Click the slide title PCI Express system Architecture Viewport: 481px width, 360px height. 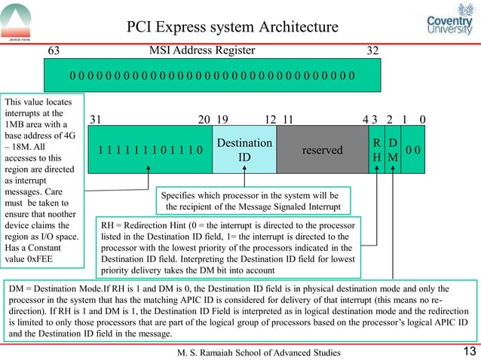231,27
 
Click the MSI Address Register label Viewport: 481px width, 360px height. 201,50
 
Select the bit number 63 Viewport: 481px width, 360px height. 54,51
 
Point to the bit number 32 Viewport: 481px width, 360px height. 372,51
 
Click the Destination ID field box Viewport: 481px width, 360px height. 244,150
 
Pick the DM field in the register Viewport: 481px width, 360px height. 392,150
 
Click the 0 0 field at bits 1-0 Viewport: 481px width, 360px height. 413,150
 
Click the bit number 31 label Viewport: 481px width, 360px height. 96,119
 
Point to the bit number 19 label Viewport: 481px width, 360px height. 222,119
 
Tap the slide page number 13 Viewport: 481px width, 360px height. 467,350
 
